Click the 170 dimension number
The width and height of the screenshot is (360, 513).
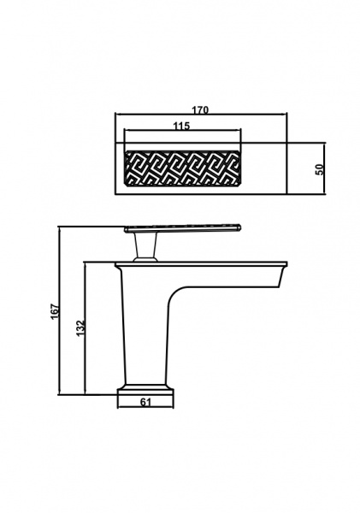point(200,109)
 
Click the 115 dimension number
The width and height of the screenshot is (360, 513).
point(181,126)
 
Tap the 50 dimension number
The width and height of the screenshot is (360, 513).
point(320,168)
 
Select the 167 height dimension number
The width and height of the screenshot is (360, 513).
point(55,311)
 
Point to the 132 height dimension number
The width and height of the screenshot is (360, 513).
point(80,328)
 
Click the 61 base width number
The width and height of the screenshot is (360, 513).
point(145,402)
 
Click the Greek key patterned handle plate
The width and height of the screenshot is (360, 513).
point(183,168)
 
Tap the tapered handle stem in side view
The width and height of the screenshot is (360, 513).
point(145,246)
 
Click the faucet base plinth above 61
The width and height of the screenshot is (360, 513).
point(145,392)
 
